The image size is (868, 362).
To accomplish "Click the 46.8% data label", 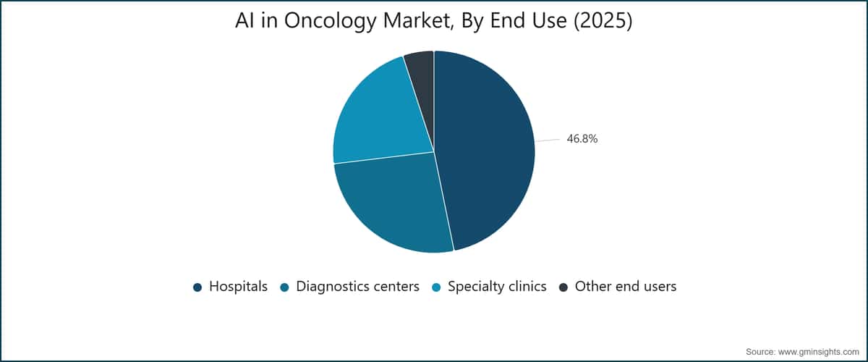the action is pyautogui.click(x=582, y=138).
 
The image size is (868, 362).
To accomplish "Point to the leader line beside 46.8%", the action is pyautogui.click(x=548, y=140).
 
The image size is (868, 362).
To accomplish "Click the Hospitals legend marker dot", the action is pyautogui.click(x=197, y=287).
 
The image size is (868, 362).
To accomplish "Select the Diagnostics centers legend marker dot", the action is pyautogui.click(x=285, y=287).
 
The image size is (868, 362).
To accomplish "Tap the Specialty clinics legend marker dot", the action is pyautogui.click(x=436, y=287).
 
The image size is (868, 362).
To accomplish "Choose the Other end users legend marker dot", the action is pyautogui.click(x=563, y=287).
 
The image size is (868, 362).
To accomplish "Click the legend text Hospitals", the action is pyautogui.click(x=238, y=286).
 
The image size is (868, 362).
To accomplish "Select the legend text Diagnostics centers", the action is pyautogui.click(x=357, y=286).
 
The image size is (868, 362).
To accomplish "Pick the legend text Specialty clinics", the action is pyautogui.click(x=497, y=287).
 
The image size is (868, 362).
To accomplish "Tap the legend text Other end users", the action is pyautogui.click(x=626, y=286).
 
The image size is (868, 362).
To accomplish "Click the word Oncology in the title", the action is pyautogui.click(x=330, y=21).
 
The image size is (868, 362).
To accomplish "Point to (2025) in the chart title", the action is pyautogui.click(x=603, y=20).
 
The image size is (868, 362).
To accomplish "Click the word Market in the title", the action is pyautogui.click(x=419, y=21).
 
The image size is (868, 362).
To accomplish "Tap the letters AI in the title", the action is pyautogui.click(x=244, y=20).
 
